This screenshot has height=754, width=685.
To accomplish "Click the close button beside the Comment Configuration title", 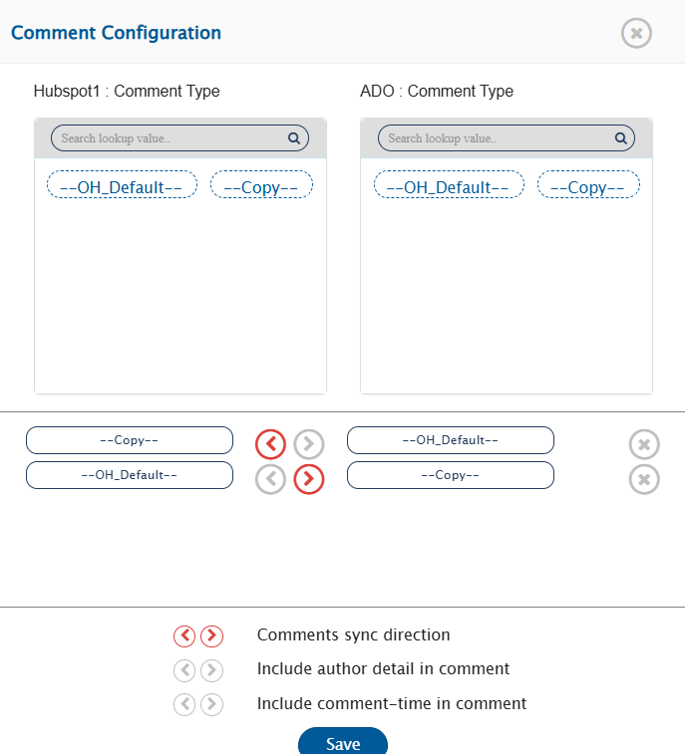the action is click(x=636, y=33).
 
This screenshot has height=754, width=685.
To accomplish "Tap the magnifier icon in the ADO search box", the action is click(x=620, y=138).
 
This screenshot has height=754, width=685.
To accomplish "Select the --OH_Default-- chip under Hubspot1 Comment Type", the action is click(x=122, y=184).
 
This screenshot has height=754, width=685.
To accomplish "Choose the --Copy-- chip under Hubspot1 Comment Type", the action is click(x=261, y=184).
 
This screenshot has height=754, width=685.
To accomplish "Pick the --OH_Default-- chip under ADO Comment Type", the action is click(x=449, y=184).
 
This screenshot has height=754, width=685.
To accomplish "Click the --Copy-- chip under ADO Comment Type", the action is click(x=588, y=184).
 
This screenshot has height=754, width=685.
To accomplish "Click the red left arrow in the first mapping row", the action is click(x=270, y=444).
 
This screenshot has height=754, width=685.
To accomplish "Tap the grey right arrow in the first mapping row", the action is click(x=308, y=444).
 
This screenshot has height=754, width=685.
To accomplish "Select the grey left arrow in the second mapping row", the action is click(x=270, y=479).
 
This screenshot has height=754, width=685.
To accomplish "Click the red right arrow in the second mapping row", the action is click(x=308, y=479).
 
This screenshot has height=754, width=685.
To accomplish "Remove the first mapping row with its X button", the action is click(x=644, y=444).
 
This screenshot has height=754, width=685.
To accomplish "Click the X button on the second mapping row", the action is click(x=644, y=479).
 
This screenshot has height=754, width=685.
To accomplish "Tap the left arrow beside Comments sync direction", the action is click(x=184, y=635).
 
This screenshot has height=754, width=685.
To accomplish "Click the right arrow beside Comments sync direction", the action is click(x=211, y=635).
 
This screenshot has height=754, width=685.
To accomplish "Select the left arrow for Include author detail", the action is click(x=184, y=670).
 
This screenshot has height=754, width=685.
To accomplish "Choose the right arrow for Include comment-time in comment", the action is click(x=211, y=704).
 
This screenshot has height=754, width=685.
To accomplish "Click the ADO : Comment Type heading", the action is click(x=437, y=91).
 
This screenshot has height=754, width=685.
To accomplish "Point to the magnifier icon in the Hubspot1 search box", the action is click(x=294, y=138).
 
